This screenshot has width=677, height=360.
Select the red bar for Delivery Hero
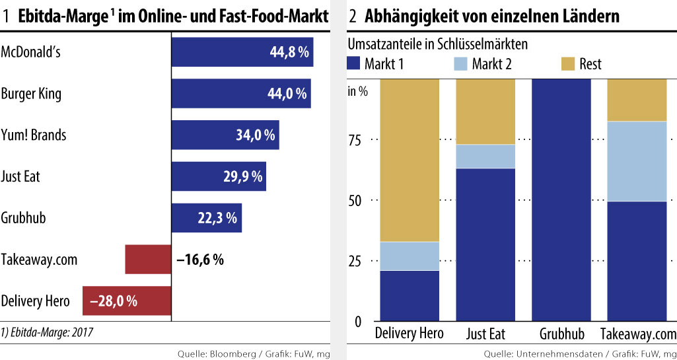126,301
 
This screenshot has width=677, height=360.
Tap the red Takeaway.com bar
147,259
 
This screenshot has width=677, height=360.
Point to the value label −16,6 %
200,259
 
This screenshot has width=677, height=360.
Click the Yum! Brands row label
33,135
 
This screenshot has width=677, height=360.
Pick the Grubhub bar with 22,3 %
206,218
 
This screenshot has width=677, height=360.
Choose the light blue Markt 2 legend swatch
460,63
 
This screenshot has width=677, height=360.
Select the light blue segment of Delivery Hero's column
410,256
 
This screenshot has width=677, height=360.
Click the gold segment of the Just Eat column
485,111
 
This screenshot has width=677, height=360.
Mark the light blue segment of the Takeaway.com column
637,161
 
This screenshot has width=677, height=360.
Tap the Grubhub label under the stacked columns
561,333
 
